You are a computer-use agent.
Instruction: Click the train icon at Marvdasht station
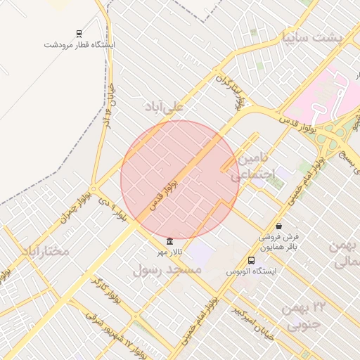(x=79, y=34)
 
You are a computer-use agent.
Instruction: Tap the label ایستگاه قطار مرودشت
(x=79, y=44)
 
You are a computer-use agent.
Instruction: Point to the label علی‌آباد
(x=164, y=106)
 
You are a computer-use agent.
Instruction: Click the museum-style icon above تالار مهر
(x=169, y=241)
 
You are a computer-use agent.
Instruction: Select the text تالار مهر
(x=169, y=251)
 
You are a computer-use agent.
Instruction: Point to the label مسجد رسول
(x=167, y=269)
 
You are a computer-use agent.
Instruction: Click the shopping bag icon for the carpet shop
(x=280, y=226)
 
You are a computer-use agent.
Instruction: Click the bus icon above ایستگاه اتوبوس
(x=252, y=260)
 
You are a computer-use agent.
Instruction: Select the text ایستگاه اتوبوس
(x=252, y=271)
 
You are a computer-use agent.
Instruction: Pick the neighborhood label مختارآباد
(x=45, y=250)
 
